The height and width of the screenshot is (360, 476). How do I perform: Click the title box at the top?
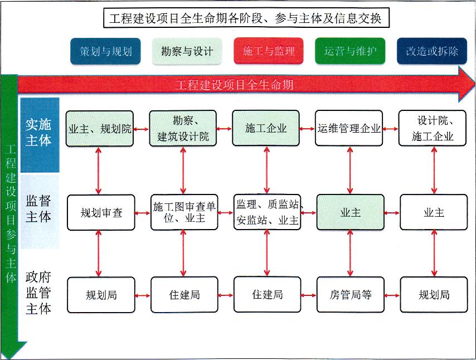tap(245, 18)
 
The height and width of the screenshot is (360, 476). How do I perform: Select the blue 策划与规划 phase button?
tap(105, 51)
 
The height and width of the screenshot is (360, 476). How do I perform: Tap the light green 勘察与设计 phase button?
tap(187, 51)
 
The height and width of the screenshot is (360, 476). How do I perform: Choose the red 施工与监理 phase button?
tap(269, 51)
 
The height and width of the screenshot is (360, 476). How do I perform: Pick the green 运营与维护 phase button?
tap(350, 51)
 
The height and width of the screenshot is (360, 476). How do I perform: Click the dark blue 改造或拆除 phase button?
tap(432, 51)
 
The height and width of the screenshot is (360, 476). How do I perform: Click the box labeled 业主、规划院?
tap(100, 129)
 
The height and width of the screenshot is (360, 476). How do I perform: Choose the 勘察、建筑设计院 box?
tap(183, 128)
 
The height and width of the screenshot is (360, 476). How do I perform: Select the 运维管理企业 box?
tap(349, 128)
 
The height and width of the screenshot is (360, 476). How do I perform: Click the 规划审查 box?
tap(101, 212)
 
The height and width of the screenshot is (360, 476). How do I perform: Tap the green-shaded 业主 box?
tap(350, 212)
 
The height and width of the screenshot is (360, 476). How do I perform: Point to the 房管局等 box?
tap(350, 295)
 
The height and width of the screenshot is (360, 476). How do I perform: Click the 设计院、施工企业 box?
tap(433, 128)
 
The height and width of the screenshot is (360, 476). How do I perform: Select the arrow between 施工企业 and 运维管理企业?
tap(308, 129)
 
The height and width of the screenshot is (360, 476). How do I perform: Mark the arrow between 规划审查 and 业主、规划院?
tap(99, 171)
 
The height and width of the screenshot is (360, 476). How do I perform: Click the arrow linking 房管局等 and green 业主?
tap(350, 254)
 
